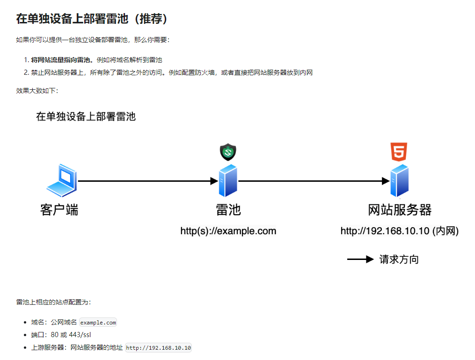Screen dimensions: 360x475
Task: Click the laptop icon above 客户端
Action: (x=61, y=180)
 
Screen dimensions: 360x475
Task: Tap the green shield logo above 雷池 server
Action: (x=228, y=152)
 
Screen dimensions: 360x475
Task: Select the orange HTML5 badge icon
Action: (x=399, y=152)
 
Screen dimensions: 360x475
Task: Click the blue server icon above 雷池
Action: (x=228, y=180)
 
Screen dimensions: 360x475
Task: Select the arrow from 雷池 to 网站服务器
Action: (x=314, y=181)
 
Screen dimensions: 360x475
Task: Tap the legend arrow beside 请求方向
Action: (x=360, y=259)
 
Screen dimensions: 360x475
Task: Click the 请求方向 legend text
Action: (x=399, y=259)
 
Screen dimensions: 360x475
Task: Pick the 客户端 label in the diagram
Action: (x=59, y=210)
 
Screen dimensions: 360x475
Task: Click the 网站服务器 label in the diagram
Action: (x=400, y=210)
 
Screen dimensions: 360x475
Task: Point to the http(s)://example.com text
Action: (x=228, y=231)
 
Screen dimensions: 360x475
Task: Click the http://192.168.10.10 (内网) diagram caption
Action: (x=399, y=231)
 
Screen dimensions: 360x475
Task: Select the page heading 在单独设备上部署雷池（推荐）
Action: (x=92, y=19)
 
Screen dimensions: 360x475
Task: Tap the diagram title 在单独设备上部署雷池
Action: (x=86, y=116)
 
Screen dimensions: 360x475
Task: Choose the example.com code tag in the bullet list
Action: (x=98, y=323)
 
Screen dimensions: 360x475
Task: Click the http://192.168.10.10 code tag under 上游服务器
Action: (x=159, y=348)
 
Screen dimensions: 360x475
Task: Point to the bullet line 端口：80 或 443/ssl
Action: (x=61, y=335)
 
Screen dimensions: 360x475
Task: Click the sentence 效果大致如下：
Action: (x=37, y=91)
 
